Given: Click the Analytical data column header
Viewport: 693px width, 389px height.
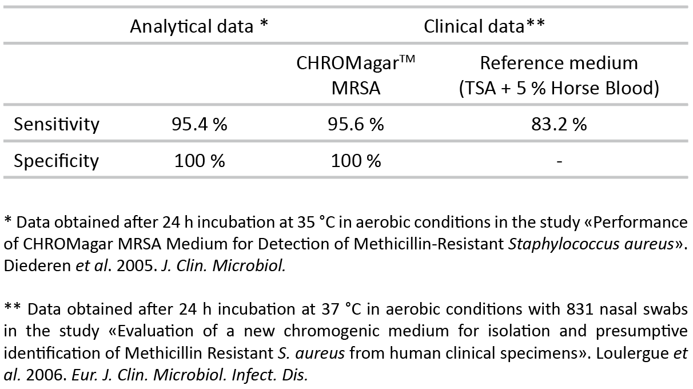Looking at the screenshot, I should pyautogui.click(x=199, y=26).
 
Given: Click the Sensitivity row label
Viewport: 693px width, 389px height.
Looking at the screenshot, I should pyautogui.click(x=57, y=124).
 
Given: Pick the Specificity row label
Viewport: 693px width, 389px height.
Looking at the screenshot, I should pyautogui.click(x=57, y=161).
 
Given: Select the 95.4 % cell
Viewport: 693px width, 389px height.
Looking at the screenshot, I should pyautogui.click(x=199, y=124).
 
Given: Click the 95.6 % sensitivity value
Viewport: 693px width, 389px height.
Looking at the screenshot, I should pyautogui.click(x=356, y=124).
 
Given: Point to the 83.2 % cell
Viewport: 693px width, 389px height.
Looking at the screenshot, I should pyautogui.click(x=559, y=124).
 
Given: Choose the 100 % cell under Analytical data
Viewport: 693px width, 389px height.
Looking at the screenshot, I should pyautogui.click(x=199, y=161).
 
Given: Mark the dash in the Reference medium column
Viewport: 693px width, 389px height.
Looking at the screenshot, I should pyautogui.click(x=559, y=162).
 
